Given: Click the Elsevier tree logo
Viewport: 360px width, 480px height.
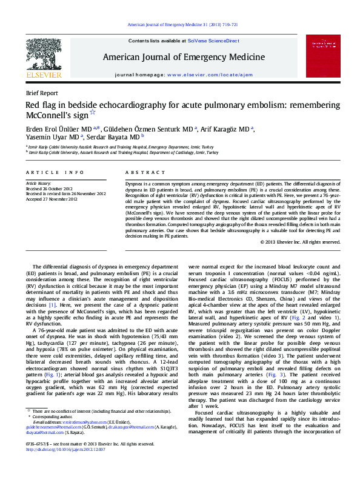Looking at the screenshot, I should [44, 58].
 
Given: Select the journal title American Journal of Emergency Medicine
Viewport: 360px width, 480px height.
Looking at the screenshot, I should [181, 57].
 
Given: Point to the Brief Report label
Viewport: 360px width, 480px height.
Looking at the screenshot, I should [42, 93].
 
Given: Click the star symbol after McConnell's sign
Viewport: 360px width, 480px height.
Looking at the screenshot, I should [92, 113].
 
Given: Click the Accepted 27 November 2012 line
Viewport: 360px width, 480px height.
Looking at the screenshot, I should [51, 199].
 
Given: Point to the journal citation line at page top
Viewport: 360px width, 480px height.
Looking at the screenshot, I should [179, 25].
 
